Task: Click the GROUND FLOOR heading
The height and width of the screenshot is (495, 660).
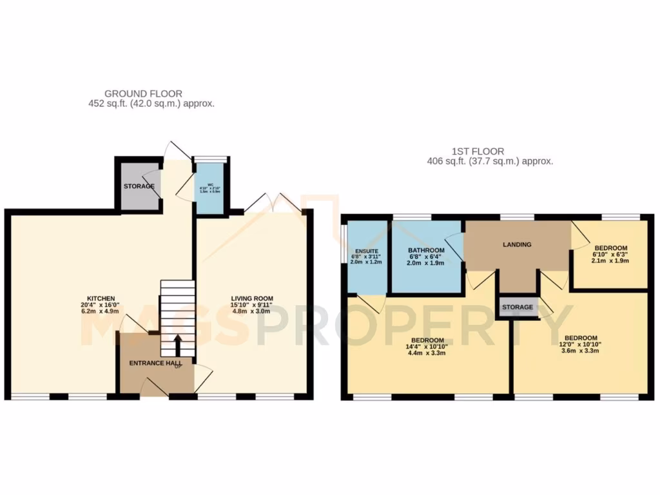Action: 143,93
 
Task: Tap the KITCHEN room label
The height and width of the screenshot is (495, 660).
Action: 97,298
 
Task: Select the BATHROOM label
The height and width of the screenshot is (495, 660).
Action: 426,250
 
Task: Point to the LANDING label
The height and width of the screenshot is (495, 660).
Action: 518,244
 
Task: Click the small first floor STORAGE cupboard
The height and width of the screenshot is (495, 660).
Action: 518,307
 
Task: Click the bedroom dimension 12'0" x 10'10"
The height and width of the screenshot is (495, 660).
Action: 581,345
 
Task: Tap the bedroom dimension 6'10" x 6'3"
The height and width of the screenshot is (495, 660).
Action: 610,255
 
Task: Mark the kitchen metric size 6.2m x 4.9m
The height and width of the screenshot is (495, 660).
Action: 97,311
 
